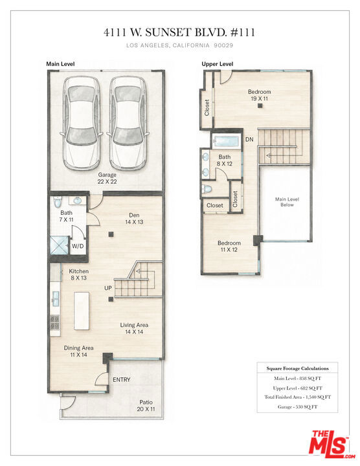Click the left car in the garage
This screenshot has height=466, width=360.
click(x=82, y=123)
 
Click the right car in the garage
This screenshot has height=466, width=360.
click(x=128, y=123)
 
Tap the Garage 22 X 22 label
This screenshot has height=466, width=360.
click(x=107, y=179)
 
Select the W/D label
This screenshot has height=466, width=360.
click(x=78, y=246)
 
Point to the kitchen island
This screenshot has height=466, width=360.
click(x=82, y=311)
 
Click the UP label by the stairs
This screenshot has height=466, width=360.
click(x=108, y=288)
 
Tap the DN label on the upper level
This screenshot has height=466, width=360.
click(x=249, y=139)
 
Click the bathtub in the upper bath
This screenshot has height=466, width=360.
click(x=226, y=141)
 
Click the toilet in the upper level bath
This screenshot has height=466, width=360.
click(x=207, y=189)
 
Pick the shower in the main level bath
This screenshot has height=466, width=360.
click(x=59, y=245)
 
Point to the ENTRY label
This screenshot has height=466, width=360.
click(x=122, y=379)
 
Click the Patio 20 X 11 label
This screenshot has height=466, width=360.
click(x=146, y=406)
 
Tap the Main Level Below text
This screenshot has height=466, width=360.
click(x=287, y=202)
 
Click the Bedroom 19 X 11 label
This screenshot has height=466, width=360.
click(x=259, y=95)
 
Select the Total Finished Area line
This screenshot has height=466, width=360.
click(x=297, y=397)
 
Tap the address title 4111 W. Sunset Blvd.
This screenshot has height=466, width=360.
click(x=179, y=32)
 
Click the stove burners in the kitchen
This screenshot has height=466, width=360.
click(x=55, y=322)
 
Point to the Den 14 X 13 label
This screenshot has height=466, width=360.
click(x=134, y=219)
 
